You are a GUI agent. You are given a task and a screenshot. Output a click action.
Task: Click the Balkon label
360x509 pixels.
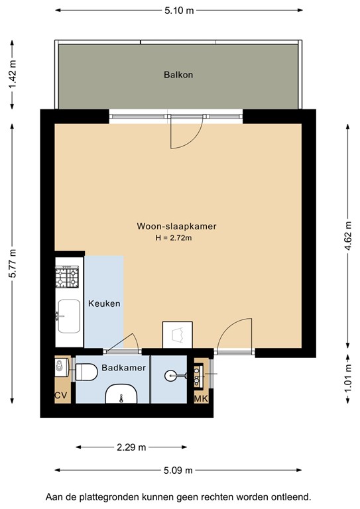point(178,75)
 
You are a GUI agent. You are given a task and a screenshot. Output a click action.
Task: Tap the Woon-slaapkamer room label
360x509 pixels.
point(176,226)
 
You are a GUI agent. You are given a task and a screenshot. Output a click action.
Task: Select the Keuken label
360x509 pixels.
point(104,304)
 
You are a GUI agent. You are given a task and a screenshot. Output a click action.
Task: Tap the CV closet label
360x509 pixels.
point(62,396)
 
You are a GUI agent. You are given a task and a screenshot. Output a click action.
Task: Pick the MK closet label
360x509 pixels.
point(200,399)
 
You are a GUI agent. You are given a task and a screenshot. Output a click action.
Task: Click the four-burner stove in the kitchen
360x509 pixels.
point(67,278)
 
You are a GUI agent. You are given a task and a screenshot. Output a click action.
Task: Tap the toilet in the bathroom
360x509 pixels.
point(86,372)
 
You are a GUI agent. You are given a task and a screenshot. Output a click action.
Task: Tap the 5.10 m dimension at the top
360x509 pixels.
point(178,11)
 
